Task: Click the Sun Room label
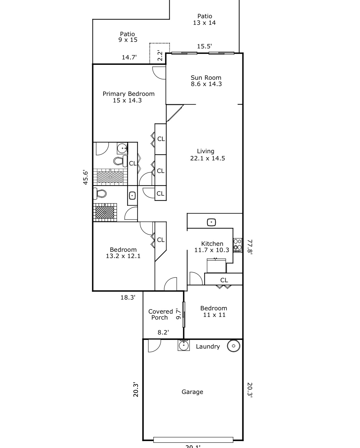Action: [x=206, y=78]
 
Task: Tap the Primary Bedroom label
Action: [x=129, y=94]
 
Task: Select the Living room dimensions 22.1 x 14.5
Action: [x=207, y=158]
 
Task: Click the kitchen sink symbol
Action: [x=211, y=222]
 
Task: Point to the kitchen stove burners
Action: [x=238, y=245]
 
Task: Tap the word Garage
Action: [x=192, y=392]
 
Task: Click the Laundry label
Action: [x=208, y=347]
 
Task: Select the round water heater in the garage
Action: [x=233, y=346]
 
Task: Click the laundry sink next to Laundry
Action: [x=184, y=346]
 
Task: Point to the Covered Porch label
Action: [x=160, y=314]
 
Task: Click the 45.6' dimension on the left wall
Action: [x=86, y=177]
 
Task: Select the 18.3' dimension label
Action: [x=128, y=297]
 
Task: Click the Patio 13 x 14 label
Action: [x=204, y=19]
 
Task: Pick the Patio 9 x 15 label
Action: [x=128, y=37]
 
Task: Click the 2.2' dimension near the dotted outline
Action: [x=160, y=55]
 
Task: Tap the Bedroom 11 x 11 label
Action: [x=214, y=312]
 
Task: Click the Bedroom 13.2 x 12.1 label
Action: [x=123, y=253]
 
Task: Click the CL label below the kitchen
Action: [x=224, y=280]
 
